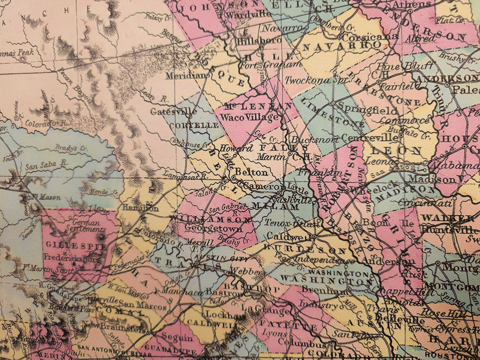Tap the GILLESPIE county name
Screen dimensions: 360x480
tap(75, 244)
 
